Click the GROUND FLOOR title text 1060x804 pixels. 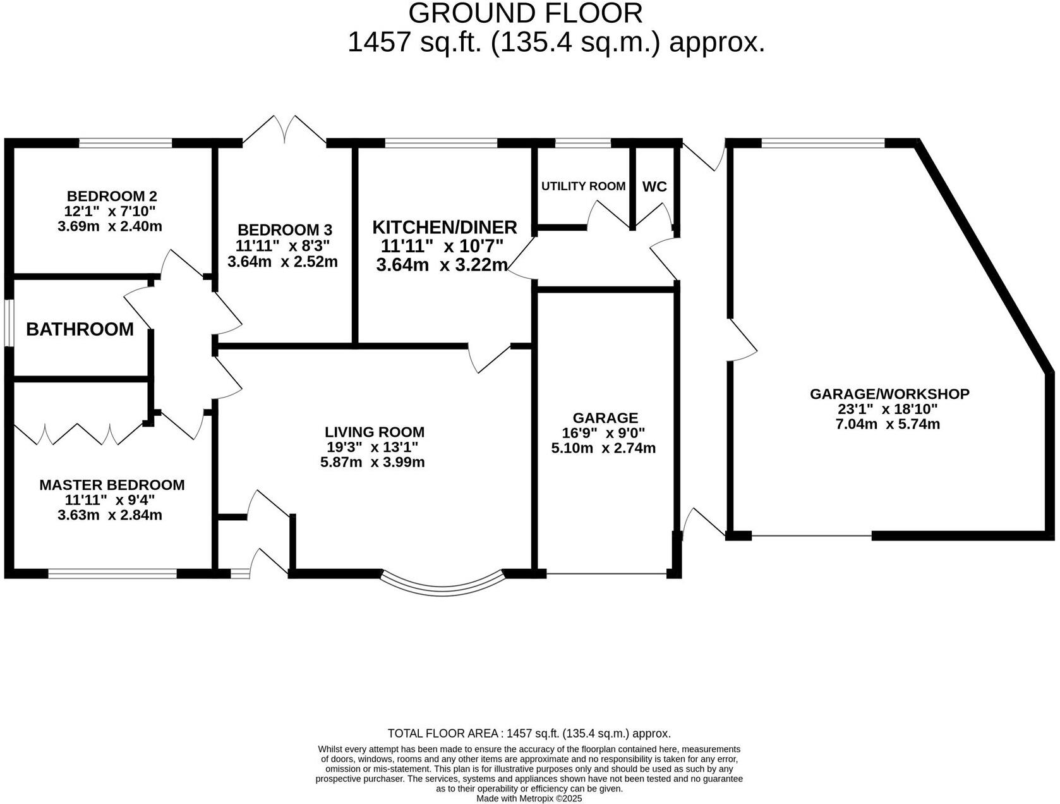[x=525, y=13]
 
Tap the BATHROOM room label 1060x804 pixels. [x=80, y=329]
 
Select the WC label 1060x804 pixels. [x=654, y=187]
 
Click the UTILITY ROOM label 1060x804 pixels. [x=583, y=186]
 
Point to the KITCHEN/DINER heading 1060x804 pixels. [x=444, y=227]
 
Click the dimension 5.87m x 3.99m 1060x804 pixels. [x=372, y=462]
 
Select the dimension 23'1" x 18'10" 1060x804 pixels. [x=887, y=409]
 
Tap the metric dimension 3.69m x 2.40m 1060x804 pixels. [x=110, y=226]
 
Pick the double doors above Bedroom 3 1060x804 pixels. [x=284, y=129]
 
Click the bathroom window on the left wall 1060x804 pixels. [x=9, y=322]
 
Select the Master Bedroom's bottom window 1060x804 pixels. [x=112, y=574]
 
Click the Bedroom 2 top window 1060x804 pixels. [x=125, y=143]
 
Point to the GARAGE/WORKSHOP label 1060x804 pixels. [x=889, y=394]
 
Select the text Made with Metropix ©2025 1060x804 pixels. [x=529, y=798]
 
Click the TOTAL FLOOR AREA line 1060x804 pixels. [x=529, y=734]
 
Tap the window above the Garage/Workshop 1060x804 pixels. [x=822, y=143]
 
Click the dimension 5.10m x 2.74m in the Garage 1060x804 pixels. [x=603, y=448]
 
